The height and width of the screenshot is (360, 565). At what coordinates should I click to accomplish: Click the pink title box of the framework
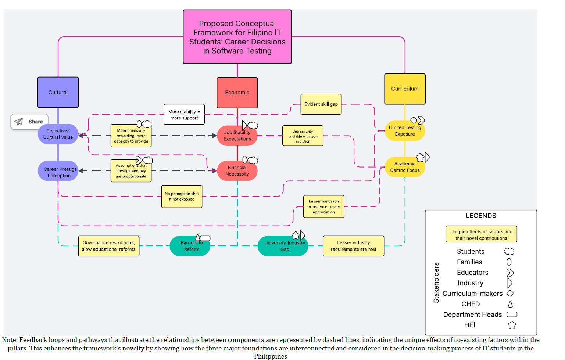point(237,37)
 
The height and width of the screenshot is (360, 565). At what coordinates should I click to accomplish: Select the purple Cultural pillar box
point(58,92)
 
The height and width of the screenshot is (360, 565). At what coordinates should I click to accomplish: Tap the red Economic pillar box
point(237,93)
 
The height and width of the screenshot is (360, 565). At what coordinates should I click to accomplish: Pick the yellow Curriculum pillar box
point(405,89)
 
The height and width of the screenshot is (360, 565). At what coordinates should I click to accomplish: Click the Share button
point(29,122)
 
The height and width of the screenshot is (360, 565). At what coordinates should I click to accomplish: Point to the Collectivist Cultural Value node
point(58,134)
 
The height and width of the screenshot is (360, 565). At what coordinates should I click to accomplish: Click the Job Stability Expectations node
point(237,136)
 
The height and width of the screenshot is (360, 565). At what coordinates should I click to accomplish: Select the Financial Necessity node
point(237,171)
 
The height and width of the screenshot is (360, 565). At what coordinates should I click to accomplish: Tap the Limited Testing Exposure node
point(405,131)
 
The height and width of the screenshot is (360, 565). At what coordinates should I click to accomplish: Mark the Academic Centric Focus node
point(405,167)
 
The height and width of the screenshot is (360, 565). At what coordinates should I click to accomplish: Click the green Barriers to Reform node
point(190,246)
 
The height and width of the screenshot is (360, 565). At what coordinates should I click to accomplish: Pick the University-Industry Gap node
point(283,246)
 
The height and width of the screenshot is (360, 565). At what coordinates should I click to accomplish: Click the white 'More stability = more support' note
point(184,115)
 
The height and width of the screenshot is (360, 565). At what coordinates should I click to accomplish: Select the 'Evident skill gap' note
point(321,104)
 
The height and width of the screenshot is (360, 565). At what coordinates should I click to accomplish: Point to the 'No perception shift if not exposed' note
point(182,197)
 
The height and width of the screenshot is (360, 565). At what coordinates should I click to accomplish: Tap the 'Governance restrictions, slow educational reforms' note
point(109,246)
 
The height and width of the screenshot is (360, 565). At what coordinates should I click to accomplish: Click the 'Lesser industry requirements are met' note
point(353,246)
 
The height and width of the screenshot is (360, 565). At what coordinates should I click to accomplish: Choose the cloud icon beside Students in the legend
point(509,252)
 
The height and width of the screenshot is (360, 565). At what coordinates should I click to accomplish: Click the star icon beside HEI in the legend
point(512,325)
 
